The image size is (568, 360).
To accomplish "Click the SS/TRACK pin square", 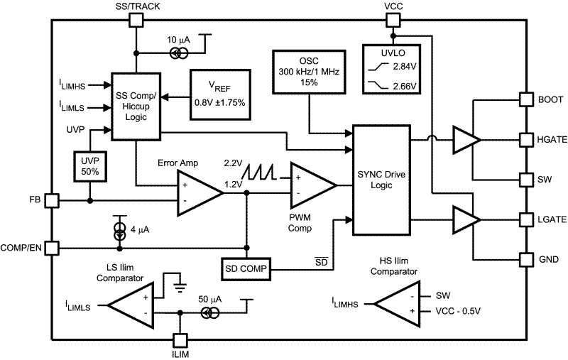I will (136, 20).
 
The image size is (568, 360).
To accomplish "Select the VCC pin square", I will (393, 20).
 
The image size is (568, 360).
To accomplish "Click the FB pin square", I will (51, 201).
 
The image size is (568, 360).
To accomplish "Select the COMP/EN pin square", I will (51, 248).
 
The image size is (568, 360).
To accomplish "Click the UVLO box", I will (391, 70).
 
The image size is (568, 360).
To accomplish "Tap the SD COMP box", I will (246, 270).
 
